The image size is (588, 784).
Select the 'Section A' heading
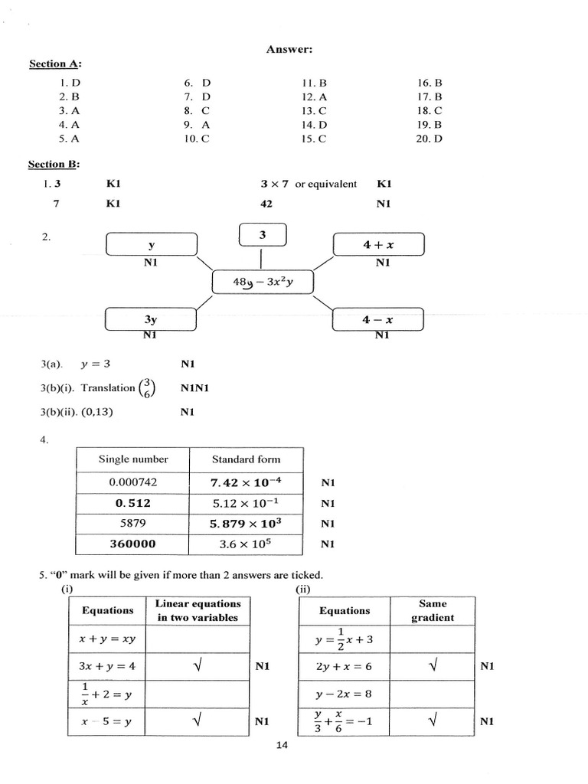click(54, 64)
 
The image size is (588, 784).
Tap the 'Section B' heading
click(54, 164)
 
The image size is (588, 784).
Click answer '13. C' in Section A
click(314, 111)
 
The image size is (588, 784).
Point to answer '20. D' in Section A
click(430, 139)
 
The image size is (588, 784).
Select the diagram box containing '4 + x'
click(378, 245)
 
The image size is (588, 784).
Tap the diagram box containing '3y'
click(151, 319)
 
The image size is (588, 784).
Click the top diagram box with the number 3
click(263, 234)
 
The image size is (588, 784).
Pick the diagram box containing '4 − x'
click(377, 319)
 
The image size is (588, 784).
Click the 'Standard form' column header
click(246, 459)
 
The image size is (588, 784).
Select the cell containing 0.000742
click(133, 483)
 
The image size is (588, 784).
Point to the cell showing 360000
click(133, 544)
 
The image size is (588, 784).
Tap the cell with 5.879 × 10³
click(246, 524)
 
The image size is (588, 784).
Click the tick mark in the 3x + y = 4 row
click(198, 666)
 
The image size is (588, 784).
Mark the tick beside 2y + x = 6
click(433, 666)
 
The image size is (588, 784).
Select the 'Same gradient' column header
click(433, 611)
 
